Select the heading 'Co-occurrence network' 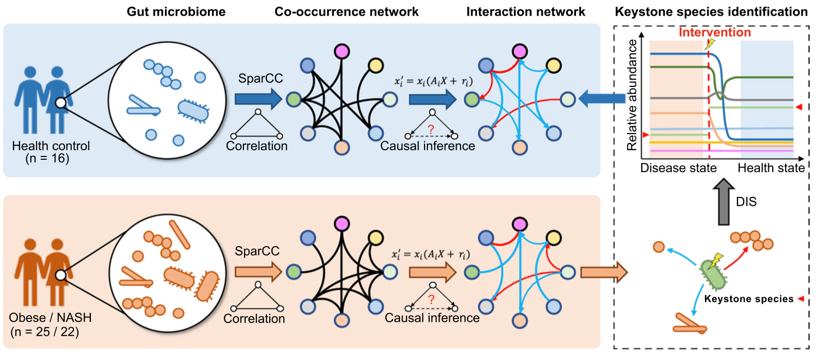347,11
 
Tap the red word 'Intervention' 714,33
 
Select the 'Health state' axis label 771,168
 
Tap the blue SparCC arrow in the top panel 256,100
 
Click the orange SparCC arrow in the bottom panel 256,273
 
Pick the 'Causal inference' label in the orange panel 432,318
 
